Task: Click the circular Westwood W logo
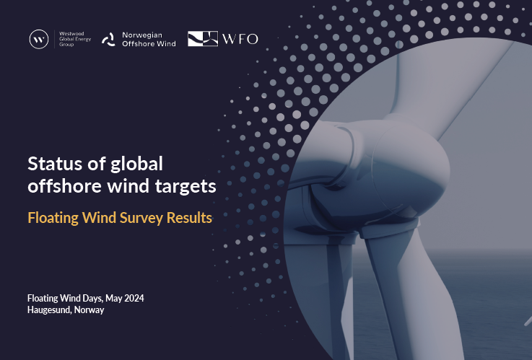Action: [39, 39]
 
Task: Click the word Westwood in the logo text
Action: [71, 34]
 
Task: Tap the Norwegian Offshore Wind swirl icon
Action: [109, 40]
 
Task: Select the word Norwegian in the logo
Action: [142, 35]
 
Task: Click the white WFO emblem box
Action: [203, 39]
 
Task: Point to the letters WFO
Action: [240, 39]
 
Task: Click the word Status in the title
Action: [55, 164]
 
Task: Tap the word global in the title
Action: [136, 164]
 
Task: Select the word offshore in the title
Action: [65, 186]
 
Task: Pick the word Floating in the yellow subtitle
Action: [53, 219]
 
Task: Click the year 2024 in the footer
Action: [134, 298]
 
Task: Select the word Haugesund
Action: [50, 310]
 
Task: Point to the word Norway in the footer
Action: [90, 310]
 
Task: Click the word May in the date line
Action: [114, 299]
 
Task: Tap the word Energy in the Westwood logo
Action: [83, 40]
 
